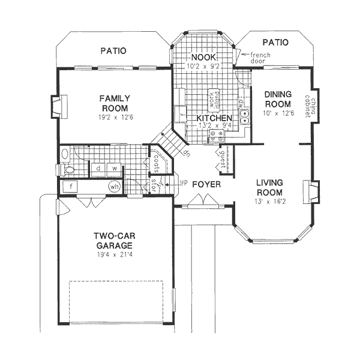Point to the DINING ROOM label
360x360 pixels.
278,99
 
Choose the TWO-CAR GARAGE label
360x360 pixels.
113,241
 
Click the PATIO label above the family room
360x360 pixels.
113,51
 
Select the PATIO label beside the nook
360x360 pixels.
275,43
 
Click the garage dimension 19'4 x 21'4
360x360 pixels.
113,254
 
